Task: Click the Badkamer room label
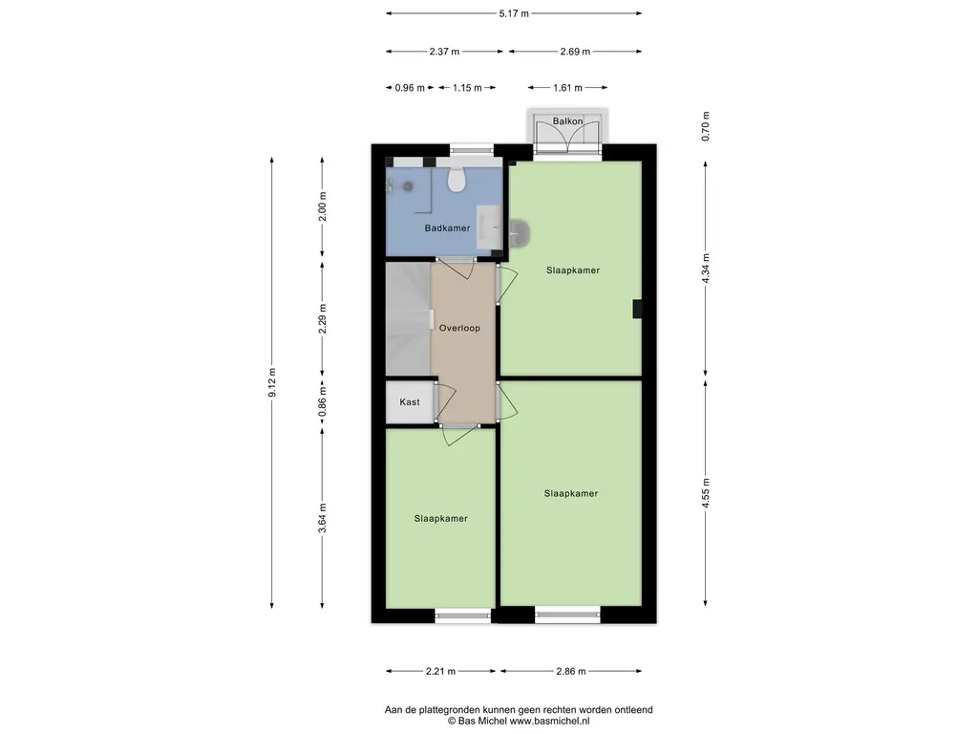[447, 228]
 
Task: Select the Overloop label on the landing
[459, 329]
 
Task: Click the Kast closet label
[410, 402]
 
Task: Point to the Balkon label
[567, 121]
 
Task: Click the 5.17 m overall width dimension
[514, 13]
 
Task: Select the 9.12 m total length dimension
[272, 382]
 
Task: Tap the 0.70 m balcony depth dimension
[706, 126]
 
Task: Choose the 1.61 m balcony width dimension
[567, 87]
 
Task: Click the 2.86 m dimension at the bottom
[571, 672]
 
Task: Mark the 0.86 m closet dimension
[323, 403]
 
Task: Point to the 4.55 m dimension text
[706, 493]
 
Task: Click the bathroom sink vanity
[490, 227]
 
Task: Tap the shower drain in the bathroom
[409, 186]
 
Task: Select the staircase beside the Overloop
[409, 319]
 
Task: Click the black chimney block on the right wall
[637, 309]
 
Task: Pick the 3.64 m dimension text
[323, 518]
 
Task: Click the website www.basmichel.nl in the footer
[549, 721]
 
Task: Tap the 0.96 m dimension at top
[410, 87]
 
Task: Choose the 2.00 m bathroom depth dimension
[323, 206]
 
